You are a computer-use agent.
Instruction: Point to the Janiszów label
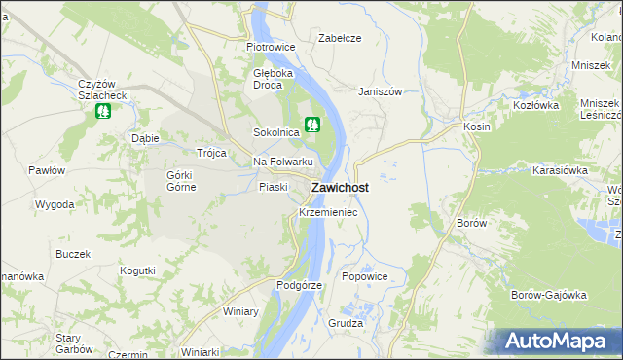coord(380,91)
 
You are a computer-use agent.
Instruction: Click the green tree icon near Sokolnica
coord(312,125)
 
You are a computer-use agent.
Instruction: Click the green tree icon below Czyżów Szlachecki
coord(102,111)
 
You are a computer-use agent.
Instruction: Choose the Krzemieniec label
coord(328,211)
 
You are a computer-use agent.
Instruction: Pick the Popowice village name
coord(365,276)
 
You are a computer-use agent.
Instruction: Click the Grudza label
coord(346,322)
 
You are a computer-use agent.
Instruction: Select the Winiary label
coord(240,311)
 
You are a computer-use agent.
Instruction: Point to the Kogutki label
coord(137,270)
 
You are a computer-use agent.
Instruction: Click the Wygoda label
coord(55,205)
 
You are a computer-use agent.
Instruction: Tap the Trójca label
coord(211,154)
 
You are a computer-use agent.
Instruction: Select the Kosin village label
coord(477,126)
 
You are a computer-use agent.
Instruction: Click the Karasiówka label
coord(558,169)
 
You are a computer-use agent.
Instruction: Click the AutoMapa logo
coord(556,342)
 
